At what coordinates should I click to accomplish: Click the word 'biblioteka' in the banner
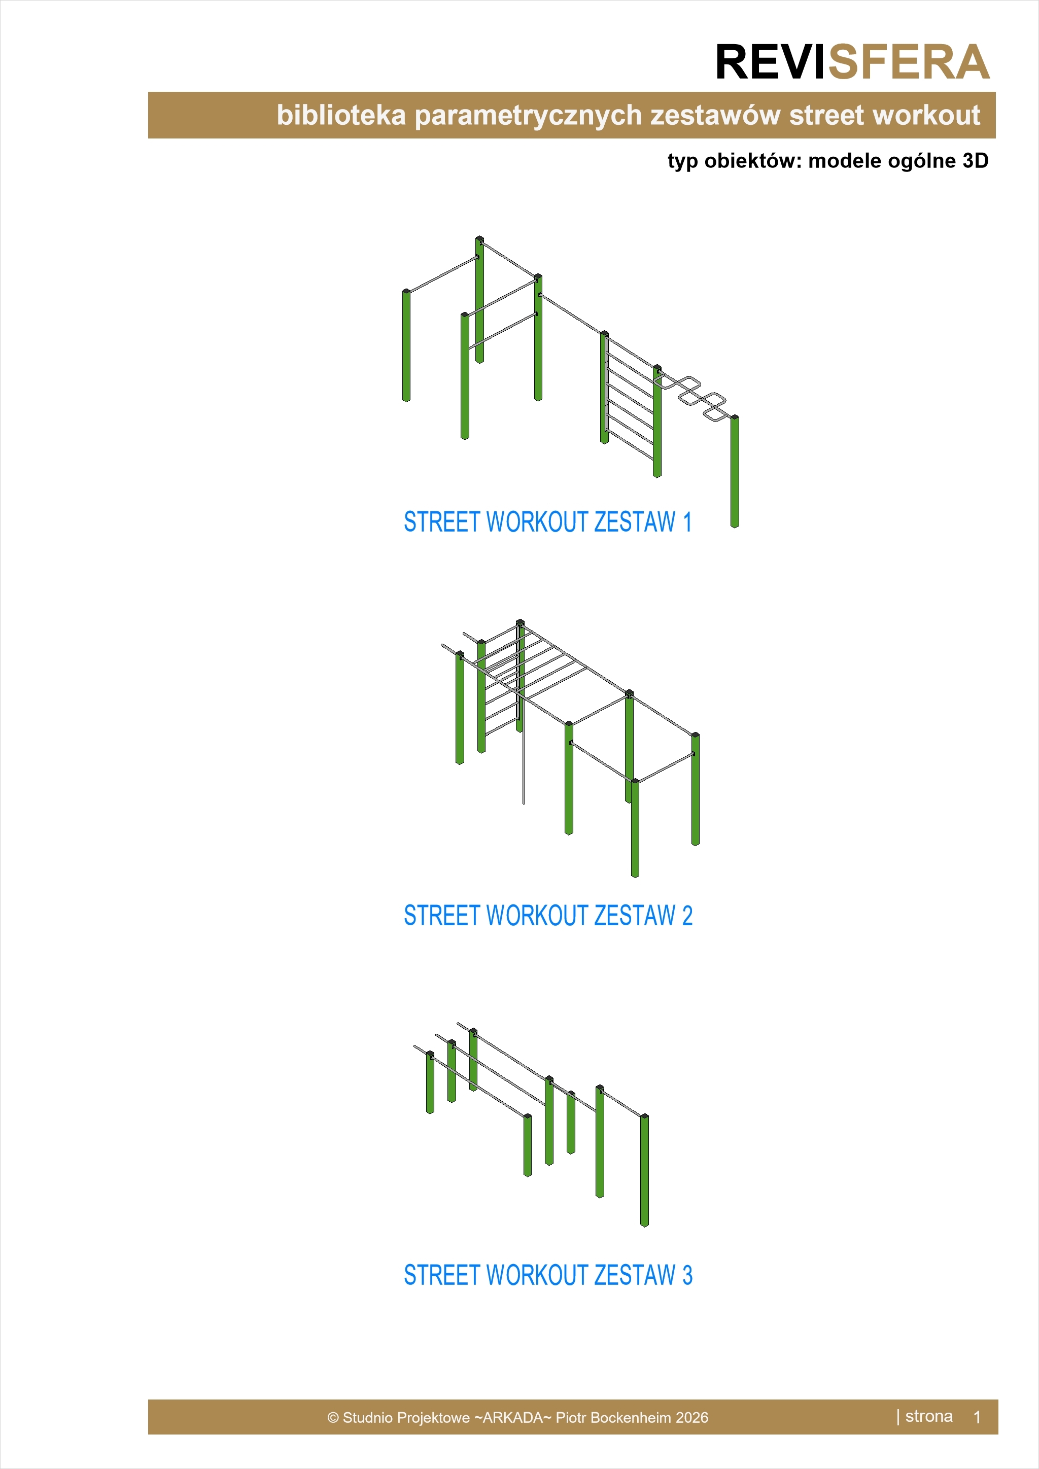click(341, 115)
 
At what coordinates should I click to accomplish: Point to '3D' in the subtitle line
click(975, 161)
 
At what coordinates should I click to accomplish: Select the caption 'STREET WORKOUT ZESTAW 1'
click(547, 522)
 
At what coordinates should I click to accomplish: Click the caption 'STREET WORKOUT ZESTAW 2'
click(547, 916)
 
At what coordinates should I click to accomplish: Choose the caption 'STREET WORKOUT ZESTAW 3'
click(547, 1275)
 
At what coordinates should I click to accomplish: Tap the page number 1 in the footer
click(977, 1417)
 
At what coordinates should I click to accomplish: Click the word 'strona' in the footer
click(928, 1417)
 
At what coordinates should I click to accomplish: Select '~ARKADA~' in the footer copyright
click(512, 1418)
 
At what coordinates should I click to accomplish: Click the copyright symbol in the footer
click(333, 1418)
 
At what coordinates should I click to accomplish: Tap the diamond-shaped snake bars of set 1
click(694, 397)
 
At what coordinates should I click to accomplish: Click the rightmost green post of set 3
click(644, 1170)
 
